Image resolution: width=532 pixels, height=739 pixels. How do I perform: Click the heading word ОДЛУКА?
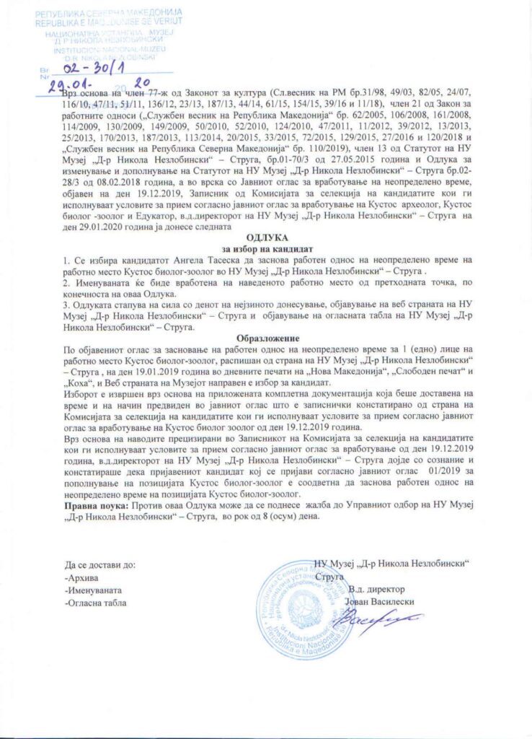[x=267, y=236]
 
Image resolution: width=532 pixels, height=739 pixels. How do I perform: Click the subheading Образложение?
[x=267, y=337]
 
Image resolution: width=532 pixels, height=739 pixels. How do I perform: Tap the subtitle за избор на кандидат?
[x=267, y=247]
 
